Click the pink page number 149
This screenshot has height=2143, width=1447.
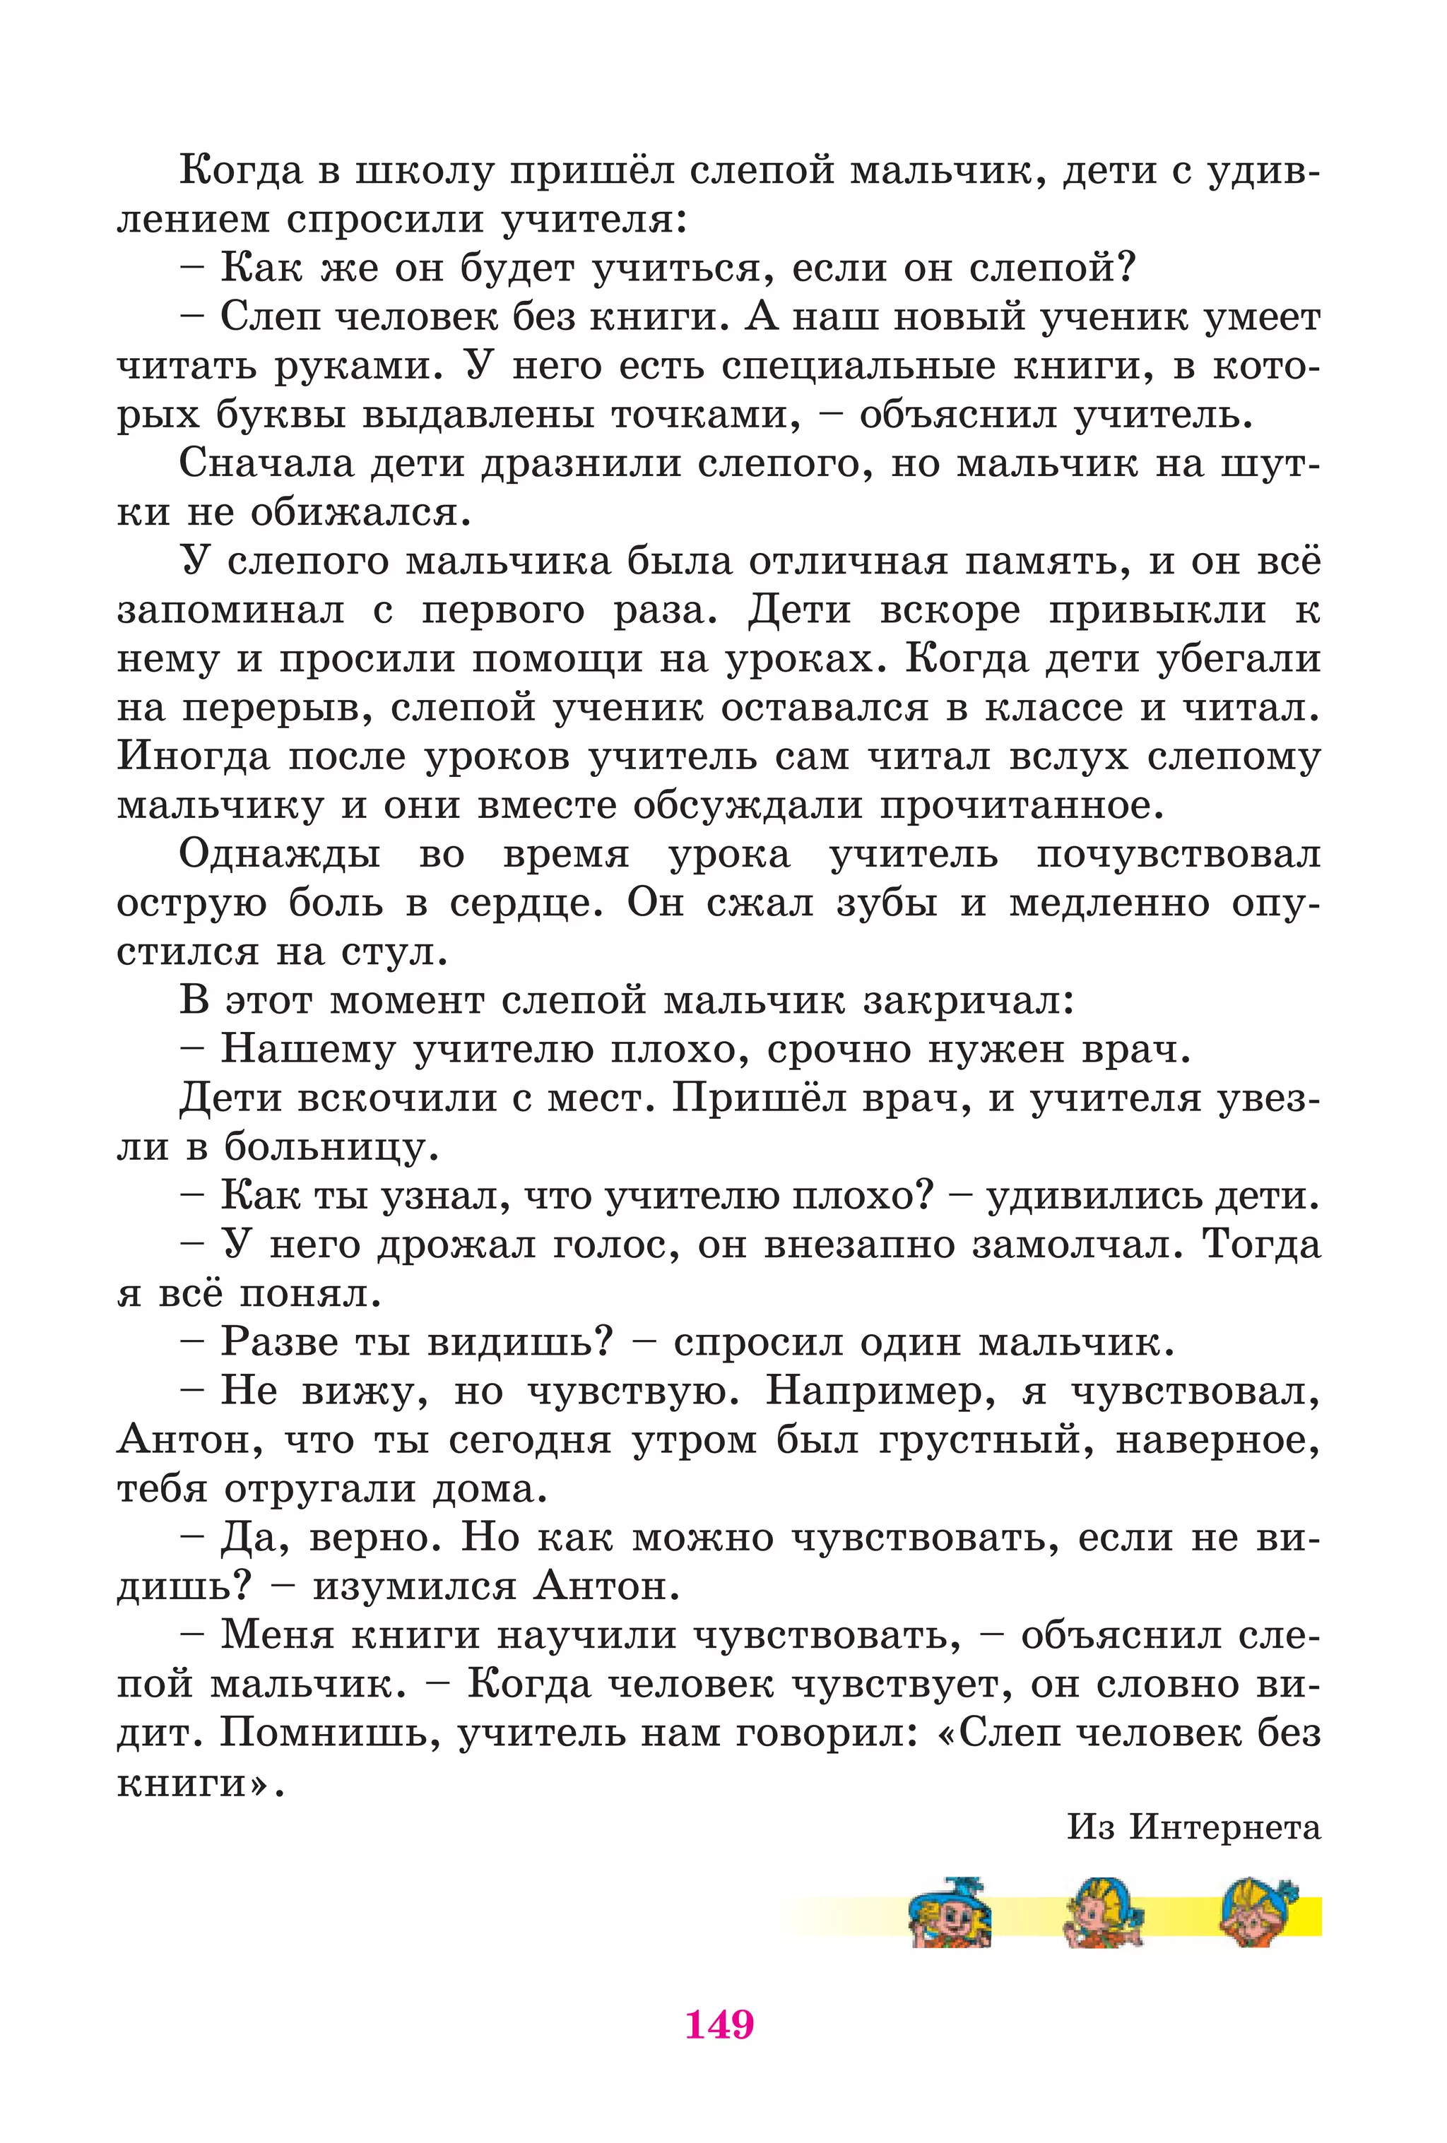click(719, 2025)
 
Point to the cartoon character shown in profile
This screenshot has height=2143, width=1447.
click(1103, 1913)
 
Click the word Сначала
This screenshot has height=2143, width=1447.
click(266, 463)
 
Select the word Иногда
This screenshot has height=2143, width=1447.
click(194, 756)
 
